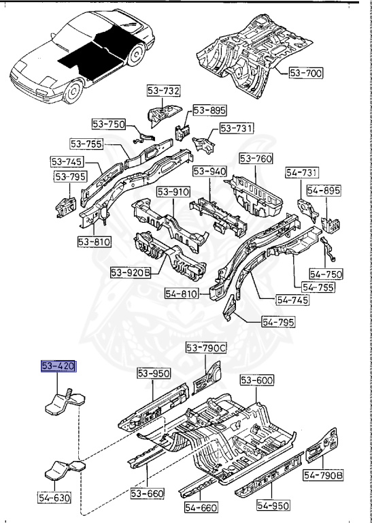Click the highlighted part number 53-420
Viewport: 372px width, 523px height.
[58, 366]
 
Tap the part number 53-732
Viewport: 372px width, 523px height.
[163, 91]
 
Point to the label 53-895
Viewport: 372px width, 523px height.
[209, 110]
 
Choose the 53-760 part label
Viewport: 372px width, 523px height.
[256, 159]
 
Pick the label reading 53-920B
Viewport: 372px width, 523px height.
[130, 272]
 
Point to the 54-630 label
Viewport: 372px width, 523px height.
[54, 497]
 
